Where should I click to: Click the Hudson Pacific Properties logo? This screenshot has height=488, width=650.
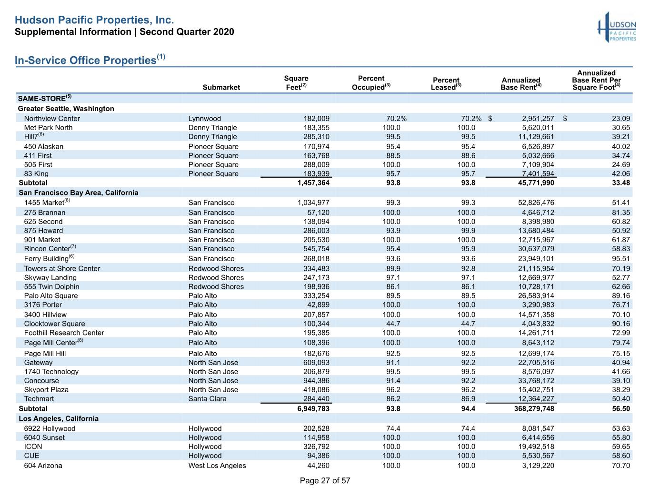click(617, 27)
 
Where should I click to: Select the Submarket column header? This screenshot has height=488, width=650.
click(221, 87)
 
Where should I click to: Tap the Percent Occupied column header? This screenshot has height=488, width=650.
click(371, 82)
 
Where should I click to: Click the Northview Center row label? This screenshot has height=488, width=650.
click(52, 119)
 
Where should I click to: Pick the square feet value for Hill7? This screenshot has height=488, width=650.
click(316, 137)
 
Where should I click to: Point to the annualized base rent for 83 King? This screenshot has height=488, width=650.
click(538, 173)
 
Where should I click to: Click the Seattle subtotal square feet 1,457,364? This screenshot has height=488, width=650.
click(313, 183)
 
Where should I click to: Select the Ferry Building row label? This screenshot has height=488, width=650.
click(49, 258)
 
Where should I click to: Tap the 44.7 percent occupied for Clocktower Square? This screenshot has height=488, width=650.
click(393, 324)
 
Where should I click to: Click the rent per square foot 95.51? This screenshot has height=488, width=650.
click(621, 259)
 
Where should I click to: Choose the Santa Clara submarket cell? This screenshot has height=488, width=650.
click(207, 399)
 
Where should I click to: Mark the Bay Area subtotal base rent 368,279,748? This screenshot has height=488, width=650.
click(534, 408)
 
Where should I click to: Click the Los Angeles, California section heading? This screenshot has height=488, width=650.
click(59, 419)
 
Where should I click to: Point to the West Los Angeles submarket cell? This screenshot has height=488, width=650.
click(217, 466)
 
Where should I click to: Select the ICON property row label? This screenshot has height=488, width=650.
click(33, 447)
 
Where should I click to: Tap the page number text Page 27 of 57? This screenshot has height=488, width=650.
click(325, 480)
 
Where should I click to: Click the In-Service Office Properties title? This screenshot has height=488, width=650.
click(90, 60)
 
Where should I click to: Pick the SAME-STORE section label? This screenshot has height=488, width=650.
click(45, 98)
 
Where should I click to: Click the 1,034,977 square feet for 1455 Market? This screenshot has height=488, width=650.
click(313, 203)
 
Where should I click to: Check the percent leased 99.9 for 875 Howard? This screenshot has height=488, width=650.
click(468, 231)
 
